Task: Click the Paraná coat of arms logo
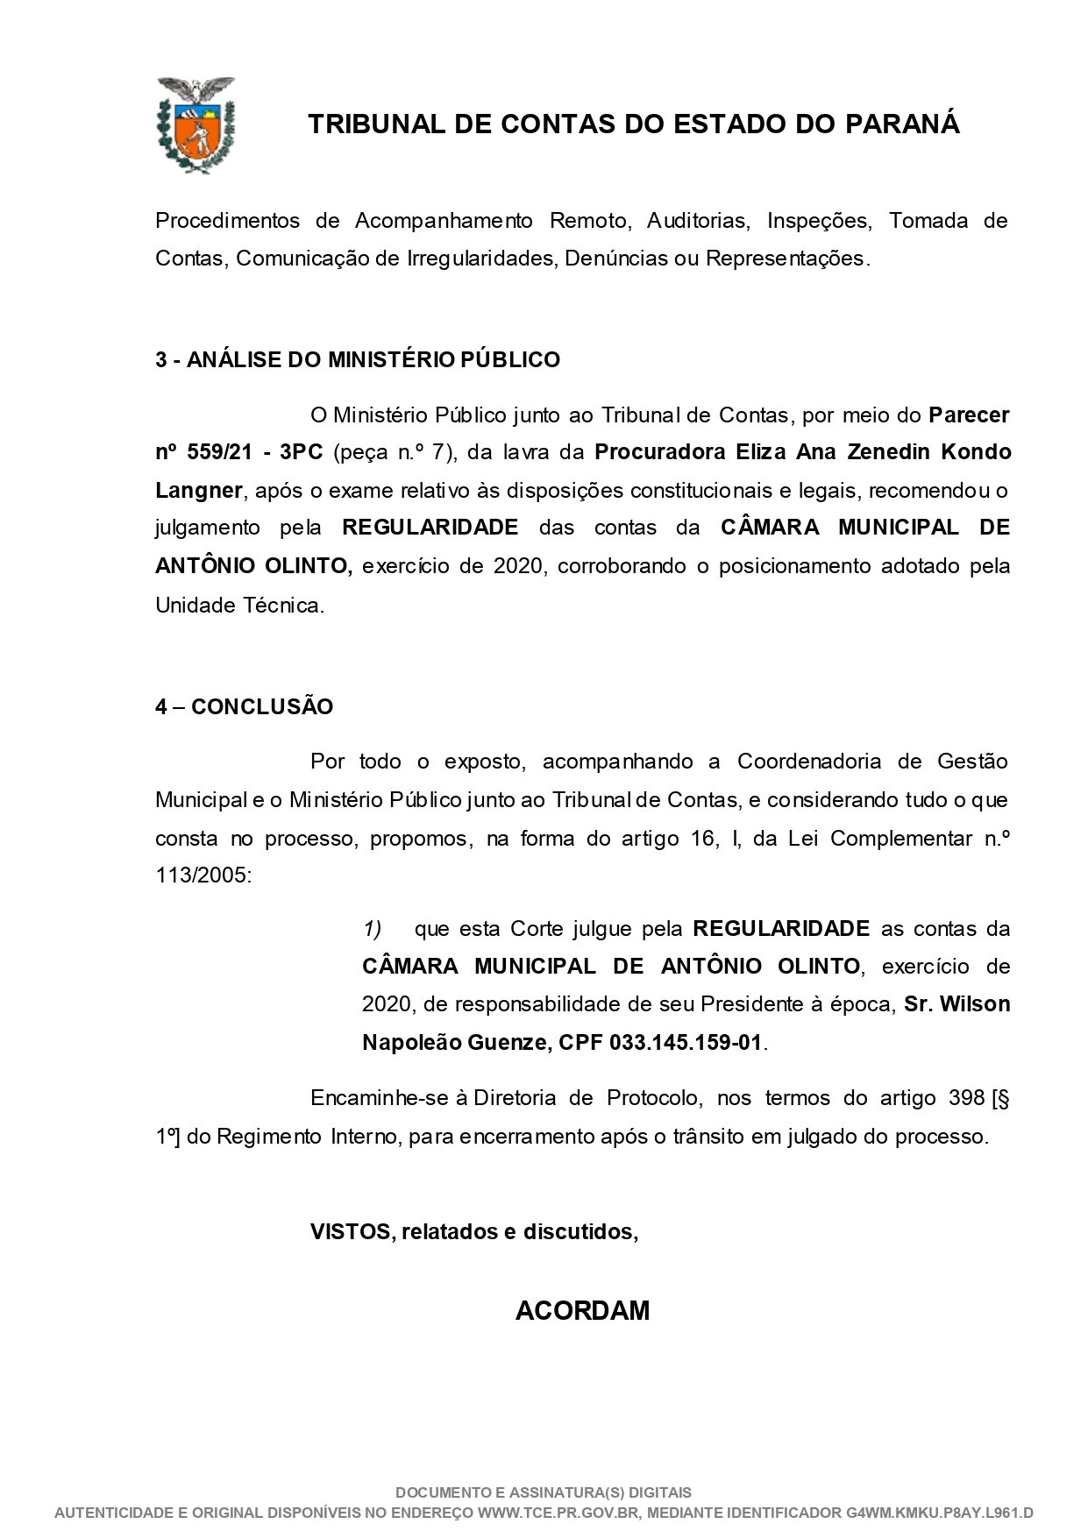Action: pyautogui.click(x=196, y=124)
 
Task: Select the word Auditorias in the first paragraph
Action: pyautogui.click(x=698, y=221)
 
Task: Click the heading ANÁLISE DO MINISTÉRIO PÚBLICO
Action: pyautogui.click(x=373, y=360)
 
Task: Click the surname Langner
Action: pyautogui.click(x=198, y=491)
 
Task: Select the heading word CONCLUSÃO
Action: pyautogui.click(x=262, y=707)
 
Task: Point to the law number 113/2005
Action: pyautogui.click(x=203, y=876)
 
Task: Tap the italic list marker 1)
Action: pyautogui.click(x=373, y=929)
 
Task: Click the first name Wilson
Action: pyautogui.click(x=975, y=1004)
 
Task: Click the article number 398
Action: pyautogui.click(x=966, y=1099)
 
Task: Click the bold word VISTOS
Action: pyautogui.click(x=350, y=1232)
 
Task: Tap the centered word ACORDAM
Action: pyautogui.click(x=582, y=1311)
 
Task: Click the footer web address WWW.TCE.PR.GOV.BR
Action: pyautogui.click(x=559, y=1513)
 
